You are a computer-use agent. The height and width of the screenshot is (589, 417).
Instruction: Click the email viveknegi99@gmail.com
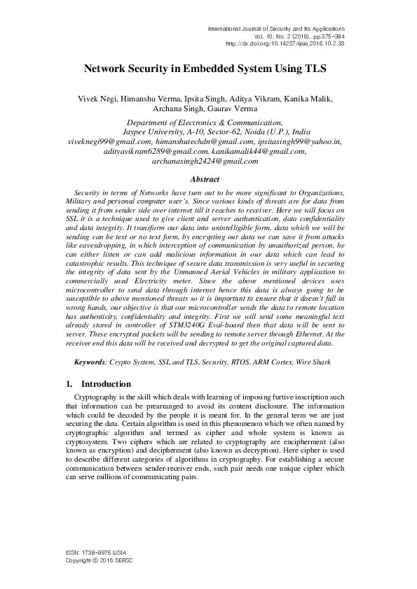point(111,141)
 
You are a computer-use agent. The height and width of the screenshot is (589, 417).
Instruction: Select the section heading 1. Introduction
point(98,384)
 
